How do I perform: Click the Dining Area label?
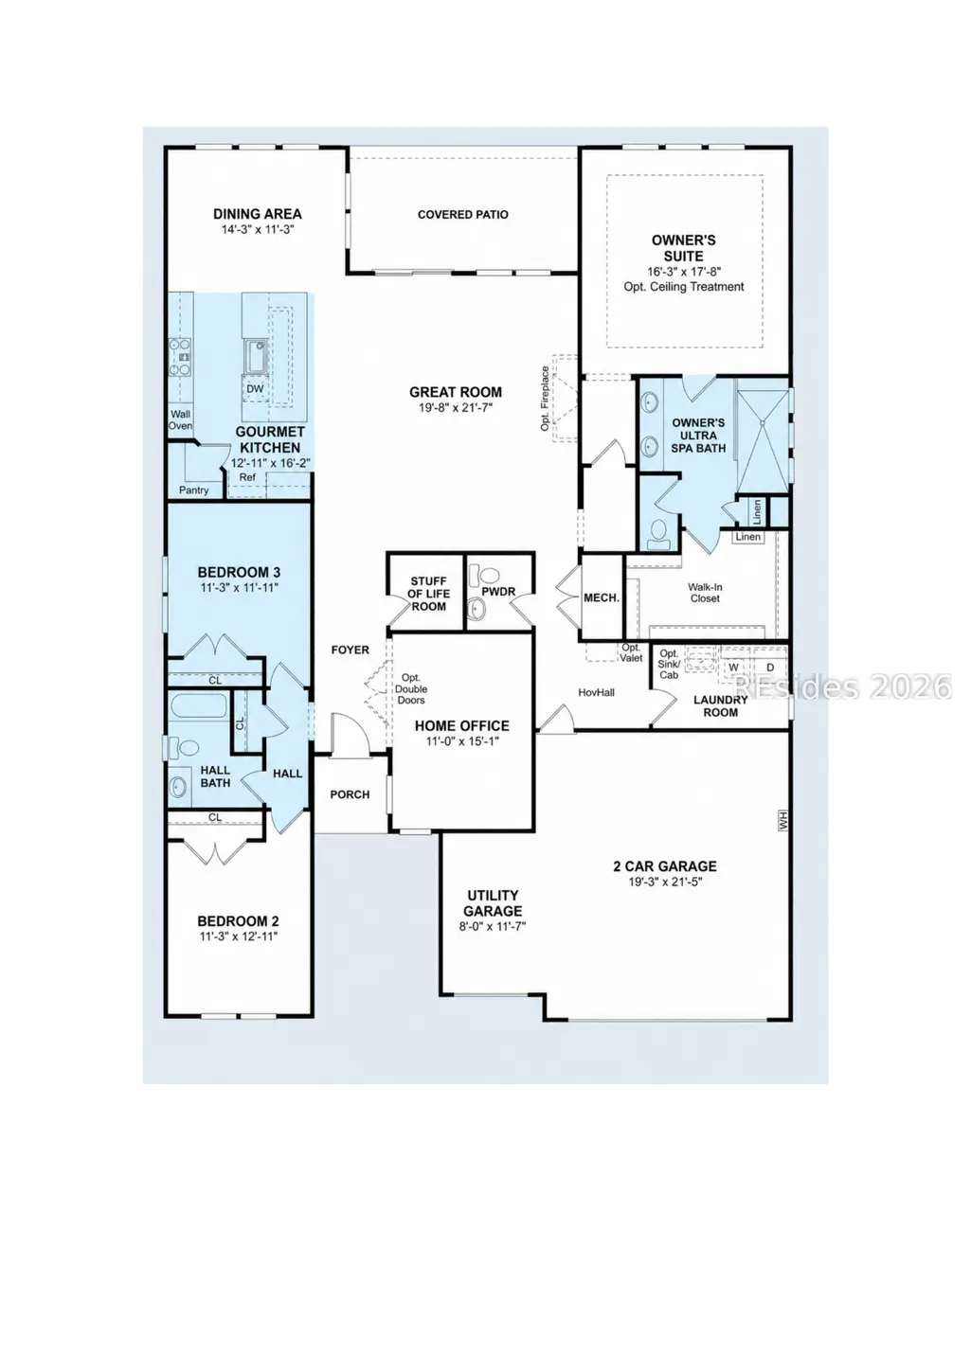click(258, 214)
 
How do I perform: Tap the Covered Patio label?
click(462, 215)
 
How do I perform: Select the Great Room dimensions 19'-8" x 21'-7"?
click(456, 407)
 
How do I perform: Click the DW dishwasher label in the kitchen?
click(255, 389)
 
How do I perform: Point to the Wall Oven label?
click(181, 419)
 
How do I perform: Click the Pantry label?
click(193, 490)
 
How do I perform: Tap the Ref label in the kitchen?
click(247, 477)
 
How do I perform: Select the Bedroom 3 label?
click(239, 573)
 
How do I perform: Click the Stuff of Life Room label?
click(429, 594)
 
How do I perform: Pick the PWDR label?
click(498, 592)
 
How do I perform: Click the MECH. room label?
click(602, 597)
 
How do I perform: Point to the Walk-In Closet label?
click(705, 593)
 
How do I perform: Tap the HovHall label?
click(596, 693)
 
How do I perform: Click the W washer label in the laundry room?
click(733, 667)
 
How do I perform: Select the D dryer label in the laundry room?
click(771, 667)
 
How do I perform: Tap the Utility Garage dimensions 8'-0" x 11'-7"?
click(493, 926)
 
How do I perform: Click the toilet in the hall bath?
click(183, 747)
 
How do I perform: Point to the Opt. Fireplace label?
click(545, 399)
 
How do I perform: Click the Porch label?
click(350, 794)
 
